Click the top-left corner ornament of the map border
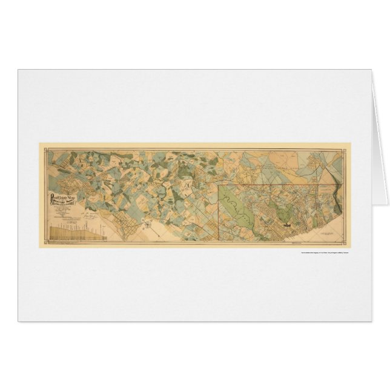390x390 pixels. click(41, 145)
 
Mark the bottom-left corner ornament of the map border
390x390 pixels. click(41, 243)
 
